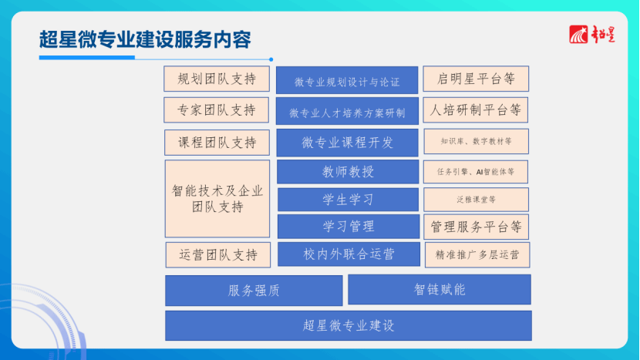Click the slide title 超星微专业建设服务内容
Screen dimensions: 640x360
point(145,39)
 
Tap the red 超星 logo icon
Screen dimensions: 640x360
point(578,34)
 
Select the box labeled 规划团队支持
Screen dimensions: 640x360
point(217,79)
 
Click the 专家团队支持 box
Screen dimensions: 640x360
point(217,109)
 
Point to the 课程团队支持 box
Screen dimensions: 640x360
point(217,143)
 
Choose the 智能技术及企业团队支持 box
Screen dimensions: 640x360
point(217,199)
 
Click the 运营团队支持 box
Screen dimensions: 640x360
point(218,255)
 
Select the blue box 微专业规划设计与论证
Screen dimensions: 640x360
point(347,80)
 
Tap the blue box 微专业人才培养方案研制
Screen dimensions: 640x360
point(347,111)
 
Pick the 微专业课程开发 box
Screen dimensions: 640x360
point(347,143)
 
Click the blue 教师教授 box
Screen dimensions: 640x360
point(348,172)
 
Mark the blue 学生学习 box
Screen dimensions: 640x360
point(349,200)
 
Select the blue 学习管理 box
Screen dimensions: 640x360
point(349,227)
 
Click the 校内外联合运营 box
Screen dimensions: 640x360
point(349,254)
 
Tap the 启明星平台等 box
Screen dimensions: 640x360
point(476,79)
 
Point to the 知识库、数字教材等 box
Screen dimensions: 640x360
point(477,142)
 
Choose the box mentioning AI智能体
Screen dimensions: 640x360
point(476,172)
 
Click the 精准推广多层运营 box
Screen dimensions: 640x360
point(477,255)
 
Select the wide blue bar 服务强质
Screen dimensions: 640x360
point(254,291)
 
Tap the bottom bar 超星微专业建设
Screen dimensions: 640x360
point(349,326)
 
